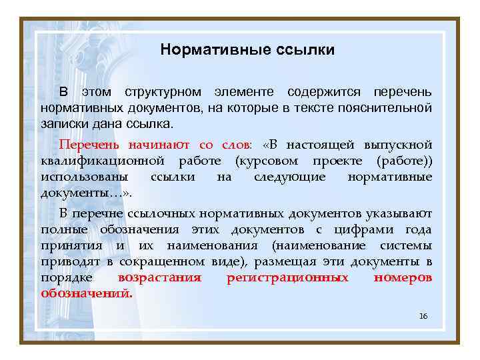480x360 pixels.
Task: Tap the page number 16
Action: click(423, 315)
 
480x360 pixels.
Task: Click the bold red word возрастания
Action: click(159, 277)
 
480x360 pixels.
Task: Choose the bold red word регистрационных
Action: click(287, 277)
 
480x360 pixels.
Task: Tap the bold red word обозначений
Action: click(87, 293)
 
